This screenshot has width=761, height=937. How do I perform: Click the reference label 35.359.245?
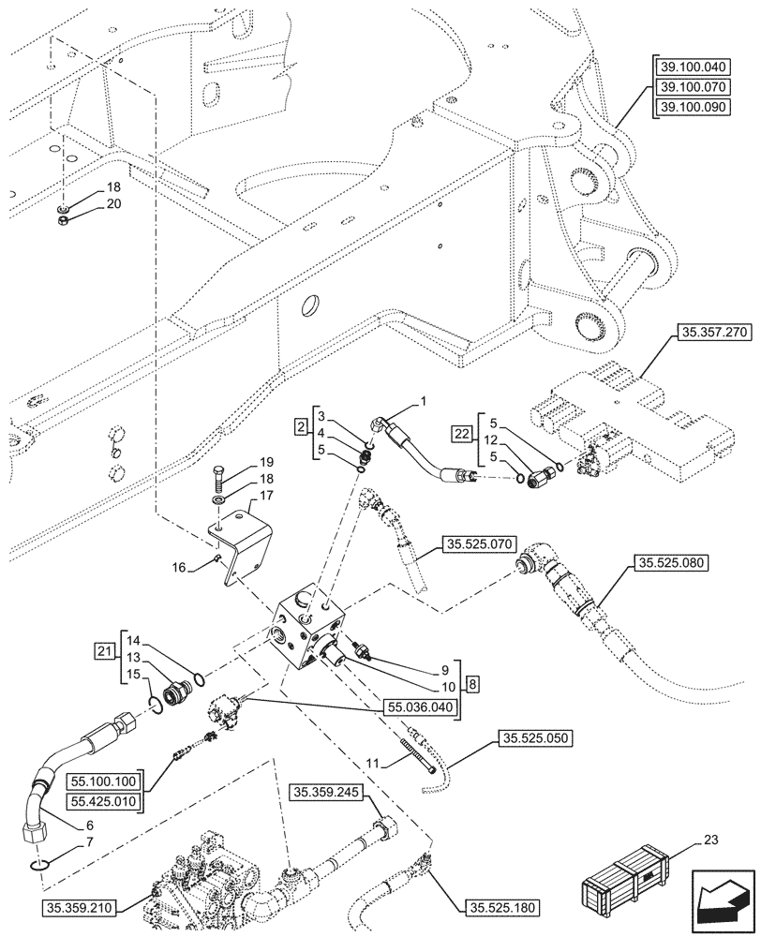325,794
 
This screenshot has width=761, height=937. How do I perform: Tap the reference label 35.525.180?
501,907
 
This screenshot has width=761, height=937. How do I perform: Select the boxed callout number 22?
460,434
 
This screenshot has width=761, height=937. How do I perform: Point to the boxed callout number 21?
103,650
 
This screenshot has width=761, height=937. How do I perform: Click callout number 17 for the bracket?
266,496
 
